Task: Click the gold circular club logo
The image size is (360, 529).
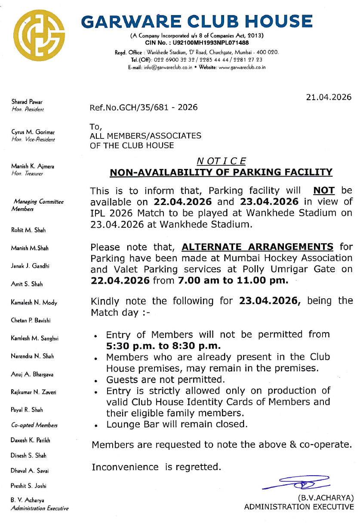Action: tap(39, 36)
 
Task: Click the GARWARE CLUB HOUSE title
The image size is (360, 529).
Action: tap(197, 21)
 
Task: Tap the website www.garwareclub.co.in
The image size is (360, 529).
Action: tap(242, 67)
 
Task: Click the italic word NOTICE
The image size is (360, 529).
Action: tap(222, 161)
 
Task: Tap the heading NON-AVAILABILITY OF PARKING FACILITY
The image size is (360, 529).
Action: tap(221, 172)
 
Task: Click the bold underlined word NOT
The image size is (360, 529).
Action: tap(323, 190)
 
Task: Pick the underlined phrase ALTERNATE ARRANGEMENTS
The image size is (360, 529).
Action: tap(257, 247)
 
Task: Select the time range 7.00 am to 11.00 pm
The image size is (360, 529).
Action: tap(232, 281)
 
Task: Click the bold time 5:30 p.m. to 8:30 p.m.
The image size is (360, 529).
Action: tap(163, 346)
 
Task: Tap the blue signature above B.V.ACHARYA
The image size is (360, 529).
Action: tap(297, 483)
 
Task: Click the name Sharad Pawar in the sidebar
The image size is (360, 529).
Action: tap(27, 102)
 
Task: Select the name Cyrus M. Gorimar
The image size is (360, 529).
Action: tap(33, 132)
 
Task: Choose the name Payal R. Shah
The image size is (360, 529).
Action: tap(27, 410)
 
